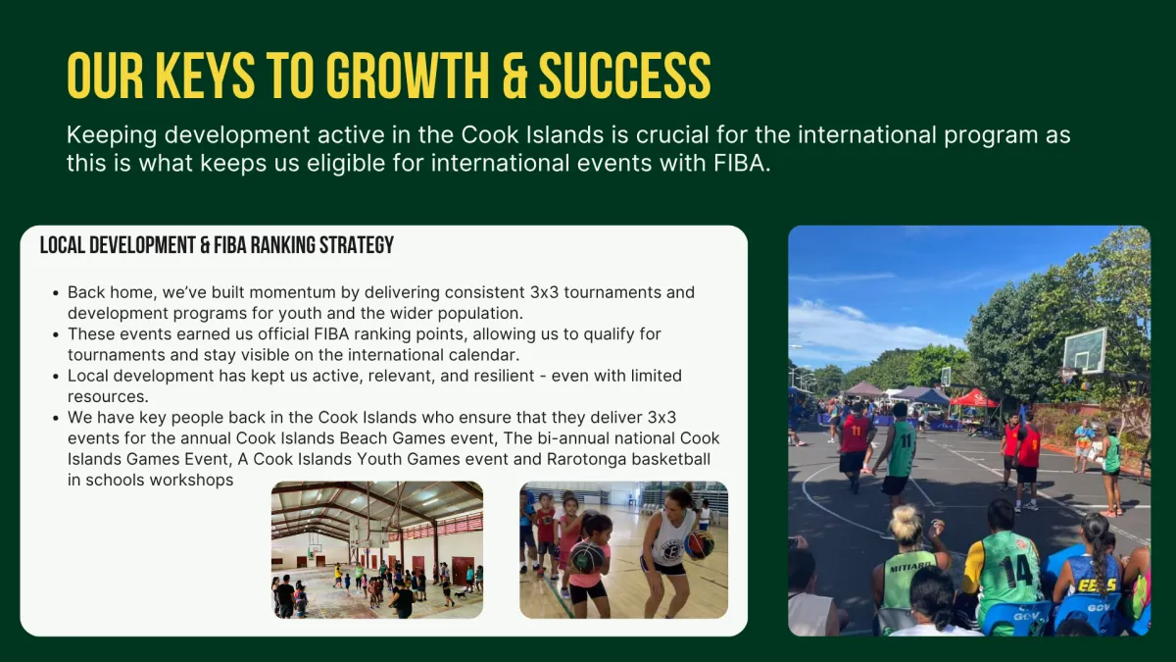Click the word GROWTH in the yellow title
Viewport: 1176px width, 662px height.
click(408, 76)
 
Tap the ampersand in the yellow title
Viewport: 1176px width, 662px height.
click(514, 76)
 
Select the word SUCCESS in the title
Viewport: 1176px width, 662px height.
click(625, 76)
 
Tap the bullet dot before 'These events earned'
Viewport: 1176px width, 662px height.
click(56, 334)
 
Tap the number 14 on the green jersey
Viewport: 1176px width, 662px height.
click(1017, 572)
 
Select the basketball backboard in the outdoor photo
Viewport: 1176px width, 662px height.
click(1085, 350)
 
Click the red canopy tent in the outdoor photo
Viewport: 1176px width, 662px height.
click(974, 398)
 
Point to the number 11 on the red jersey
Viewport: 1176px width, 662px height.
click(857, 431)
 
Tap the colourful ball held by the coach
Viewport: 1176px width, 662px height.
click(699, 545)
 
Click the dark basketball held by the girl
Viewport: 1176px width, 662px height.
click(586, 558)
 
